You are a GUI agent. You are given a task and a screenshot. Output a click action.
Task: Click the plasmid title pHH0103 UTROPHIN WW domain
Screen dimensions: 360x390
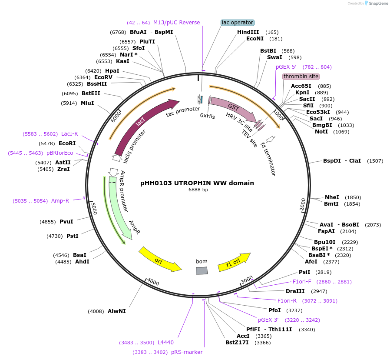197,183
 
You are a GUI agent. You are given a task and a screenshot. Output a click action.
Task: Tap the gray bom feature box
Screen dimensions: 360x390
202,270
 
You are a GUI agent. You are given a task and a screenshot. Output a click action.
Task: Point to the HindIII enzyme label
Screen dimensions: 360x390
248,32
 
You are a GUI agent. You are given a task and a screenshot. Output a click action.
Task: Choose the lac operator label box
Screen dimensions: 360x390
237,23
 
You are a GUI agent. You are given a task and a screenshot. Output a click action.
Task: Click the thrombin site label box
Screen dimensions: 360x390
301,77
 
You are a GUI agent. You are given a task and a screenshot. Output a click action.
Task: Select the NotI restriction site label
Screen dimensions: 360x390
321,132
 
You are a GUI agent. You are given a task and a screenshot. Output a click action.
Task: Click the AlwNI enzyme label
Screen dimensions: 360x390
116,311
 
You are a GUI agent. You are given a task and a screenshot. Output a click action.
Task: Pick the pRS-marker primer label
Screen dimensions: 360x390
187,352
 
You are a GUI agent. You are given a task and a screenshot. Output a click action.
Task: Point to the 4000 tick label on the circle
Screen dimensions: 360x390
153,282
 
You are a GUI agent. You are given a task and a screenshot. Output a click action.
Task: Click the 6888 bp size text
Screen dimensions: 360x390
198,190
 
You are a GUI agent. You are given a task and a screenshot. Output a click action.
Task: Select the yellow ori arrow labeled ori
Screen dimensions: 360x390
159,260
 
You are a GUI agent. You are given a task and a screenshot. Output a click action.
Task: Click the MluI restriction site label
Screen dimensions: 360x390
87,103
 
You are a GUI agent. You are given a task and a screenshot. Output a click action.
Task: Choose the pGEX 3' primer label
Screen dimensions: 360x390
268,320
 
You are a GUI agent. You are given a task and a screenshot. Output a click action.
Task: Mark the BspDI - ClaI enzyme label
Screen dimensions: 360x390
342,161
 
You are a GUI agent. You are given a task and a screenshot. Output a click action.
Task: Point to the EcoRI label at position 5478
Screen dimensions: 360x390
67,143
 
